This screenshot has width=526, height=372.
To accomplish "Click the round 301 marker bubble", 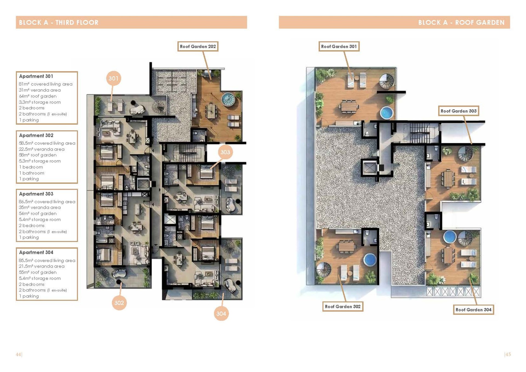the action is (113, 78).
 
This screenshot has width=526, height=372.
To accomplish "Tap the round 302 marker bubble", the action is (119, 303).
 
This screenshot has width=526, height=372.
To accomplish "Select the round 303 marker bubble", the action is (225, 152).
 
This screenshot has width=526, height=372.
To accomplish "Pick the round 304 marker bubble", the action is (221, 313).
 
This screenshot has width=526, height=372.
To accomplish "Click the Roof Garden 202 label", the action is (198, 47).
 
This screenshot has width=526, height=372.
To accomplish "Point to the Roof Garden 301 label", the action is (339, 47).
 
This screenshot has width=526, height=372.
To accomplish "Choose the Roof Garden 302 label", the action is (343, 307).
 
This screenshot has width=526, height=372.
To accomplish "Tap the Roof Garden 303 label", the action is (459, 111).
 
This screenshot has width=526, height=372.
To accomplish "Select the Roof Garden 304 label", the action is (473, 310).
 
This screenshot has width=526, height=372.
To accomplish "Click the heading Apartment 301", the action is (36, 76).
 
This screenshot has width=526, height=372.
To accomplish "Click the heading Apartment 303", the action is (36, 194).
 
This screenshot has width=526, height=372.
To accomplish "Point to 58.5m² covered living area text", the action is (47, 143).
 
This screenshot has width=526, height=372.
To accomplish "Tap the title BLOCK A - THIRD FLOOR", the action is (59, 22).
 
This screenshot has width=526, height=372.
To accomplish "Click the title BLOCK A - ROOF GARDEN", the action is (461, 22).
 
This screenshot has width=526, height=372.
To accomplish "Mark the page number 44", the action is (18, 354).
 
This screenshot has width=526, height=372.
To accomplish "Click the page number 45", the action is (508, 354).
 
